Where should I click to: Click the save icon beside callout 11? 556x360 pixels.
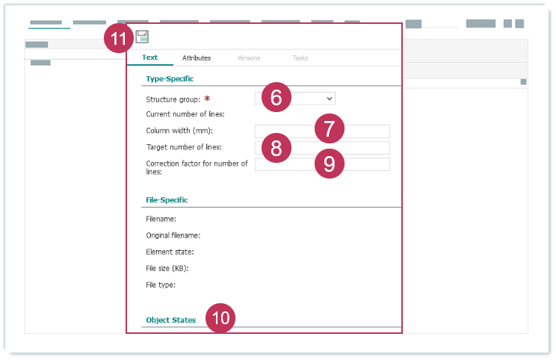pos(142,37)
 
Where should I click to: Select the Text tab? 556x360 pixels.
pos(149,58)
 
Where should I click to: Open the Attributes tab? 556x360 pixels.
pos(197,58)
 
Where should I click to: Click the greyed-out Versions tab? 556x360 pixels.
pos(249,58)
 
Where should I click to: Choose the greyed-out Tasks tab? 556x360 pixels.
pos(300,58)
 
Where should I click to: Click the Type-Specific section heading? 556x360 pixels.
pos(170,78)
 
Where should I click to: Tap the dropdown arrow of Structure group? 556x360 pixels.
pos(330,99)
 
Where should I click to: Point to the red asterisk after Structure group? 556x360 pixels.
pos(207,99)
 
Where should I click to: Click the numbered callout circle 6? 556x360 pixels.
pos(277,97)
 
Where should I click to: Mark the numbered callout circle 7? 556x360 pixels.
pos(330,128)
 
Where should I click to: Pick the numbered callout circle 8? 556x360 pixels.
pos(277,148)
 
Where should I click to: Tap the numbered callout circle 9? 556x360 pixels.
pos(330,164)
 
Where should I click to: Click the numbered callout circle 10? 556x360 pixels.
pos(220,318)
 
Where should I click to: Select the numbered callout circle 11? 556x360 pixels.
pos(119,38)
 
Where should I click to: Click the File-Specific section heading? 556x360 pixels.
pos(167,200)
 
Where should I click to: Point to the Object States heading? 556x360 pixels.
pos(171,320)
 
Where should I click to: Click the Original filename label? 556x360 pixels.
pos(173,235)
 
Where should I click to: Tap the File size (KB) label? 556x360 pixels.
pos(167,268)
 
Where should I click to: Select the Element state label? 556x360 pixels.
pos(170,252)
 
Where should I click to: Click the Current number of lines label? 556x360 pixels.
pos(185,114)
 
